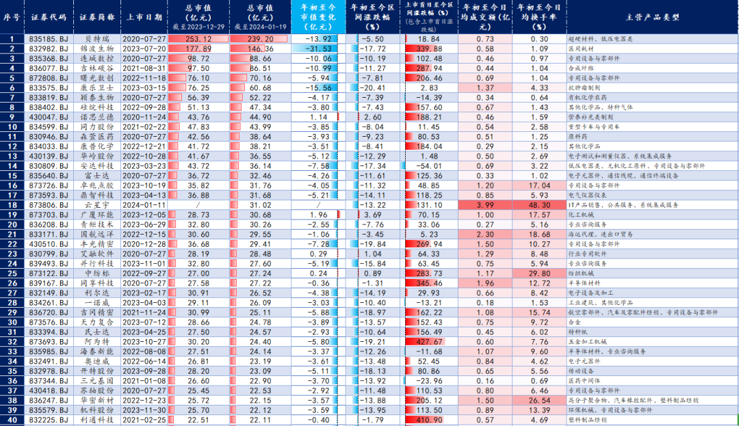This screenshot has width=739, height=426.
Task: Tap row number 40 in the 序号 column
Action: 12,419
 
